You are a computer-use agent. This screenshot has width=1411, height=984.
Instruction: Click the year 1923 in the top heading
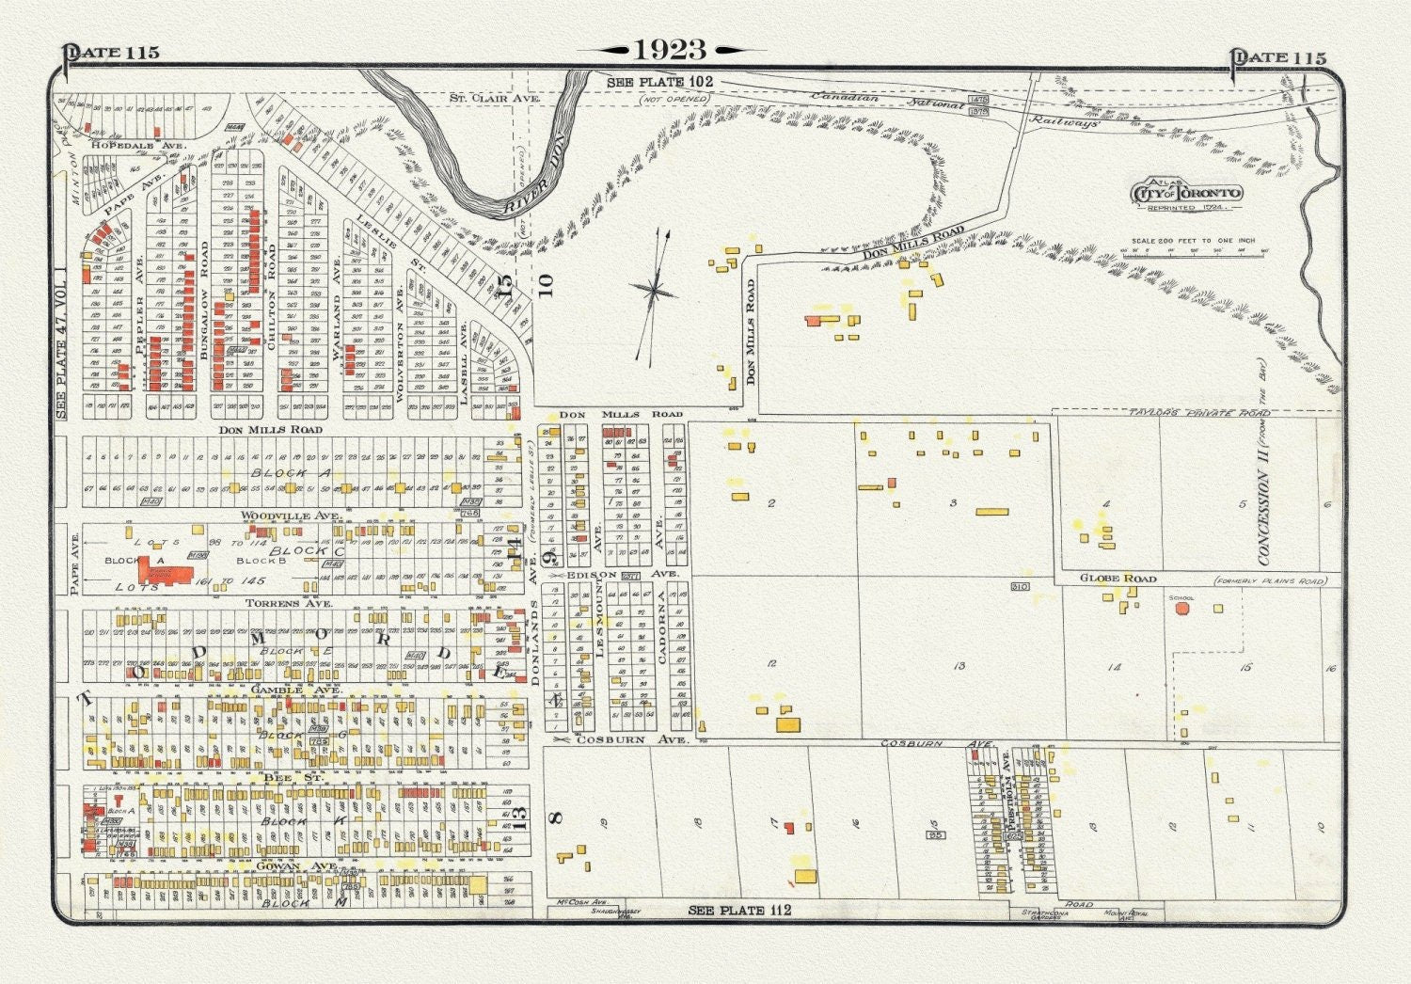(670, 50)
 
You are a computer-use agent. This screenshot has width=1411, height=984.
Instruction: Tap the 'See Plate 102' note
(659, 83)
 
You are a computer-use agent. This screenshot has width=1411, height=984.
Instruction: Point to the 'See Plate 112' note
(739, 911)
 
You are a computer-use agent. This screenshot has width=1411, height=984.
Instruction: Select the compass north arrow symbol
(654, 293)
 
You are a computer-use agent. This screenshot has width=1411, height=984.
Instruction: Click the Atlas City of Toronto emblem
(1187, 194)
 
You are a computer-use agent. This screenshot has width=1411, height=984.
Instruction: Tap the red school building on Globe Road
(1181, 609)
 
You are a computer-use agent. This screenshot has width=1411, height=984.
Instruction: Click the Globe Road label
(1118, 579)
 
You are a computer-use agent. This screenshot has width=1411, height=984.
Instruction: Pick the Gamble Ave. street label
(295, 690)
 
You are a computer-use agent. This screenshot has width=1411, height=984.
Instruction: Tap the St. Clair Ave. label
(494, 98)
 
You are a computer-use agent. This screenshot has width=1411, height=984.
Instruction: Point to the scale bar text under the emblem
(1193, 241)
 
